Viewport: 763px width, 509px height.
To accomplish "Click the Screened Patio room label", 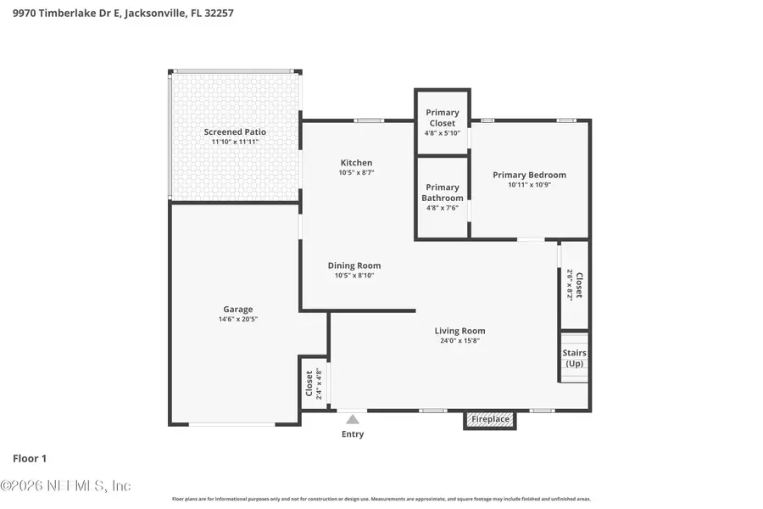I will coord(235,131).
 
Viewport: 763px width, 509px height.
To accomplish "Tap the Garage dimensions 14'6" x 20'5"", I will coord(238,320).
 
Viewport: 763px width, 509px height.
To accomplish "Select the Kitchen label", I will coord(356,163).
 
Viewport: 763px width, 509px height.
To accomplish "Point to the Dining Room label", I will coord(354,266).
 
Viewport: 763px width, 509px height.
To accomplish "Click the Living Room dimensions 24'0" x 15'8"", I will coord(460,341).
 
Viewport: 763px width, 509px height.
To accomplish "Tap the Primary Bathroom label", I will coord(442,193).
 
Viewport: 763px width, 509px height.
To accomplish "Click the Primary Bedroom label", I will coord(529,175).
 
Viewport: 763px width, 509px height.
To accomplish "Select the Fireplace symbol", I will coord(490,419).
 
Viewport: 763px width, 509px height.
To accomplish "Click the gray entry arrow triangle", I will coord(353,418).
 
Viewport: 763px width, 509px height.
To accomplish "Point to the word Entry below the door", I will coord(353,434).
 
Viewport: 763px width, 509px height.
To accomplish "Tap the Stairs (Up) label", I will coord(574,358).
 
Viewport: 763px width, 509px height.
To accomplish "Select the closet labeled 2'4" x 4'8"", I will coord(314,383).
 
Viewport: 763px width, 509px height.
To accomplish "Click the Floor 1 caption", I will coord(30,458).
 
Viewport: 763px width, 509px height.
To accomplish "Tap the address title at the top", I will coord(123,14).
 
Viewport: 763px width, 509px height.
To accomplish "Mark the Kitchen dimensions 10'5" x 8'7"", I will coord(356,172).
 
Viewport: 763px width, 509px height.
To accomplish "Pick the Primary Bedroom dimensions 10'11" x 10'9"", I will coord(529,185).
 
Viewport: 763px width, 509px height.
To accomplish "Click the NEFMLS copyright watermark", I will coord(66,486).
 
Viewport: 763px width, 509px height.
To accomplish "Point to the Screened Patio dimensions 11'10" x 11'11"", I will coord(235,142).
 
